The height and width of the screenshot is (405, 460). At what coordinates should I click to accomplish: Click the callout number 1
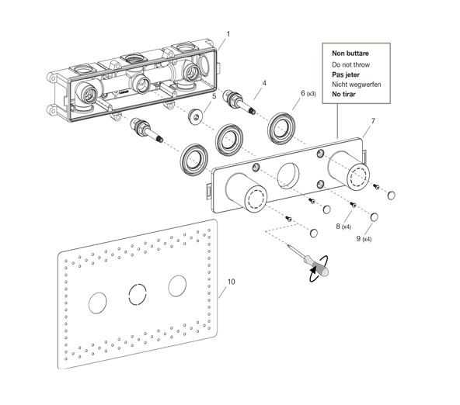click(228, 34)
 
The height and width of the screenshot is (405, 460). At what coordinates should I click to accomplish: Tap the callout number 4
click(264, 83)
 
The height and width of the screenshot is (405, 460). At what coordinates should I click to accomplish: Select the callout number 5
click(214, 96)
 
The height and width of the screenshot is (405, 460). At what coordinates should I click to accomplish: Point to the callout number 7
click(373, 121)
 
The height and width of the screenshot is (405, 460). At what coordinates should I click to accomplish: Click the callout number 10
click(232, 282)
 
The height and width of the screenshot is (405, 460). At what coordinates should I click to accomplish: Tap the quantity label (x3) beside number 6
click(312, 94)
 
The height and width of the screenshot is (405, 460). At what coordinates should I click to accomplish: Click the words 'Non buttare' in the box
click(350, 54)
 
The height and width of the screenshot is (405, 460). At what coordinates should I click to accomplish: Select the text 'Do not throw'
click(350, 64)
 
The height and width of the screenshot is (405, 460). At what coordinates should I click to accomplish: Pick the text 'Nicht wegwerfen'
click(357, 85)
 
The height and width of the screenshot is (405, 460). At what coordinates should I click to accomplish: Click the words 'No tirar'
click(343, 95)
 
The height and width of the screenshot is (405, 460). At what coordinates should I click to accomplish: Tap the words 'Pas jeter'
click(346, 74)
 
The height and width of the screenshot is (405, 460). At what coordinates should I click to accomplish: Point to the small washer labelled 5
click(195, 116)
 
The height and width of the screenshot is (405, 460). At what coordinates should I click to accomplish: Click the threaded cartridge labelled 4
click(239, 102)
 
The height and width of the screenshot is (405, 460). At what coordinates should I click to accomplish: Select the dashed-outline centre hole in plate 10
click(138, 294)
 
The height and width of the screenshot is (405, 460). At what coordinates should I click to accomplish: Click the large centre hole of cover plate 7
click(288, 175)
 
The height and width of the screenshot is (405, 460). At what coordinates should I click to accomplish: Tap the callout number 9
click(358, 238)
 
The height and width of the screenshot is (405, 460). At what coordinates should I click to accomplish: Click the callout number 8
click(338, 226)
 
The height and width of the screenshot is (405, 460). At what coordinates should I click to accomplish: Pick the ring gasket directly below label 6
click(281, 128)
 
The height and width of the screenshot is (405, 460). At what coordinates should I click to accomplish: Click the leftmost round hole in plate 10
click(97, 303)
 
